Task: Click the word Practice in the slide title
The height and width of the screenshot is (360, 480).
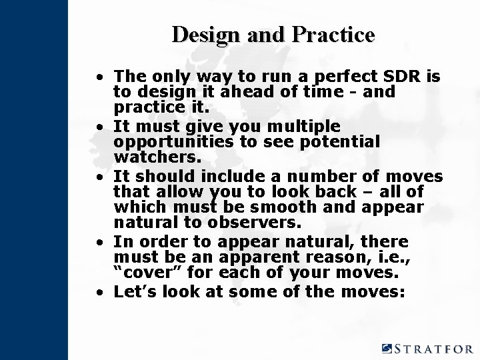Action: click(x=333, y=35)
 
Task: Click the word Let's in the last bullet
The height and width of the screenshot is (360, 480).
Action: click(x=135, y=291)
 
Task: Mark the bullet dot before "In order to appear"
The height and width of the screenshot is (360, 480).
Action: click(x=99, y=242)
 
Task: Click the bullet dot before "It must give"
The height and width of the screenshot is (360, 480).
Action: click(x=99, y=127)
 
